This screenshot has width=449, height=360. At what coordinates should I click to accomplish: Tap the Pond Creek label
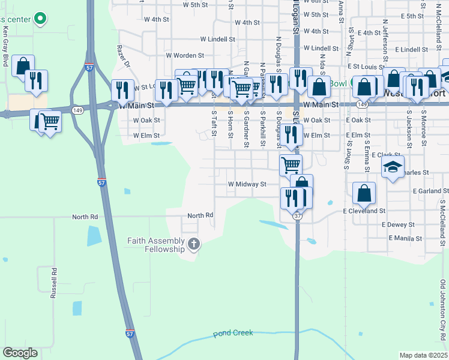pos(234,333)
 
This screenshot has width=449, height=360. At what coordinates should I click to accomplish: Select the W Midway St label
pos(246,184)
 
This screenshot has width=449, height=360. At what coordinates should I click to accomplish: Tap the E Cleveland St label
pos(364,211)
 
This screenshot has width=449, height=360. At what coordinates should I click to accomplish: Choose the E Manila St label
pos(405,238)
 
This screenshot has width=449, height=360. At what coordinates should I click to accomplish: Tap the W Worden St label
pos(186,56)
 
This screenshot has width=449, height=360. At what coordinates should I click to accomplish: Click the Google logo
pos(20,353)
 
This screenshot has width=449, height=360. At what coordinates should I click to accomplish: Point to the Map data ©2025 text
pos(423,355)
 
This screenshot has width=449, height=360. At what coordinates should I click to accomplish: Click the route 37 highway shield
pos(298,215)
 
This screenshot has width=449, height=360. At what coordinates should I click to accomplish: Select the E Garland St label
pos(430,190)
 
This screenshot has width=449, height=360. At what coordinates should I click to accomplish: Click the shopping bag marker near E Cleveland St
pos(364,193)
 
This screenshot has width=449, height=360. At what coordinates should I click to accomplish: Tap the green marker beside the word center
pos(40,19)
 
